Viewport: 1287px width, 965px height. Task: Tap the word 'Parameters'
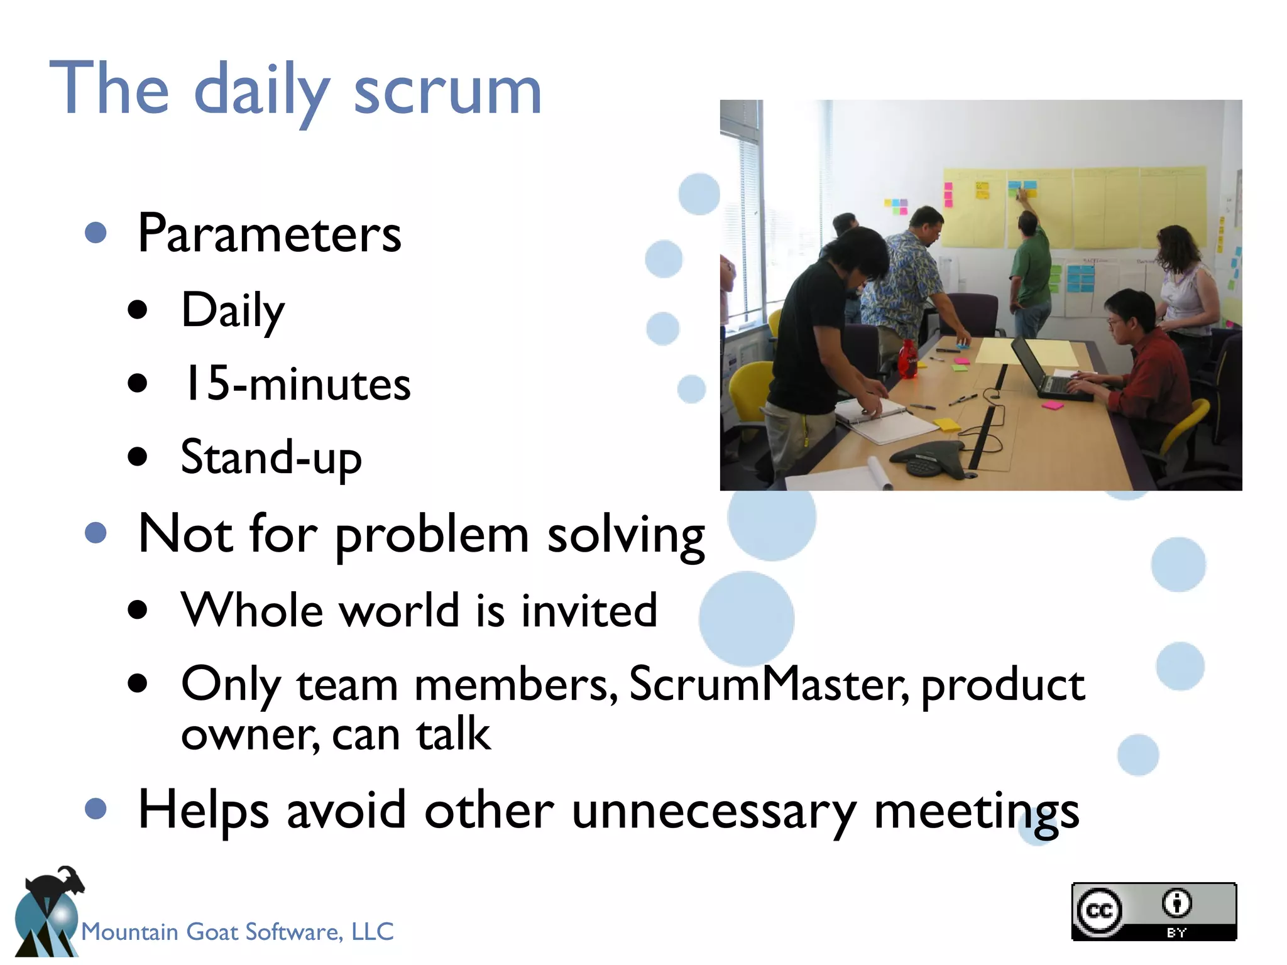(269, 234)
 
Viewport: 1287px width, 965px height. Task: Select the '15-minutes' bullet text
(295, 384)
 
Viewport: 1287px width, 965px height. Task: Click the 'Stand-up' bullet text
(271, 458)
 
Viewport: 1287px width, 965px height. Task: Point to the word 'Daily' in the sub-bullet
(233, 311)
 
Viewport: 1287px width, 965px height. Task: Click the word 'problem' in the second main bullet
(432, 536)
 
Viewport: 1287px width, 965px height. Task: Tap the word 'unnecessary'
(714, 812)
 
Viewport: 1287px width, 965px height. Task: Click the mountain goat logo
(47, 914)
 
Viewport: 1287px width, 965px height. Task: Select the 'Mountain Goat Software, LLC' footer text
(237, 932)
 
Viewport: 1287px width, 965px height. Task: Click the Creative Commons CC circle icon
(1098, 911)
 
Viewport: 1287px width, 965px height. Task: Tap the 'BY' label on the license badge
(1176, 933)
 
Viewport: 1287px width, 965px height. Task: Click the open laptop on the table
(1046, 371)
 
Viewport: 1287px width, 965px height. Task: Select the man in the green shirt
(1031, 270)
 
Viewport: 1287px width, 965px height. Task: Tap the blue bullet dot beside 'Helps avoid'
(96, 809)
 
